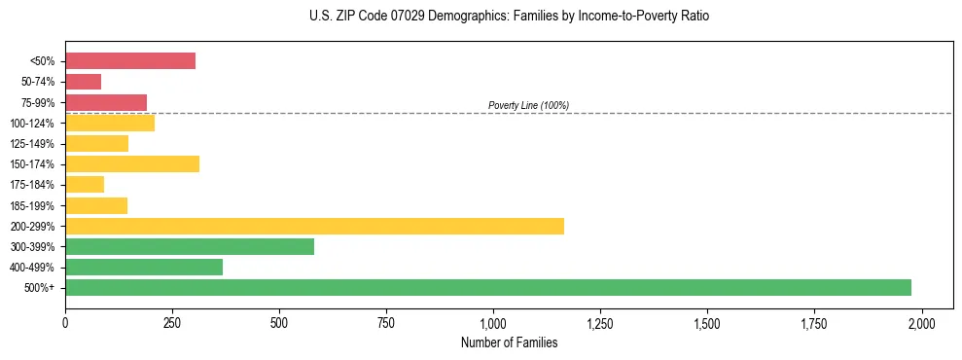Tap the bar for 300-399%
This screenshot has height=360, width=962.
(190, 246)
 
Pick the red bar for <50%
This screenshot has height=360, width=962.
(130, 61)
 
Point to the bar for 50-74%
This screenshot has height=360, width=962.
(83, 82)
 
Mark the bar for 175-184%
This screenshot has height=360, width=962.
(85, 185)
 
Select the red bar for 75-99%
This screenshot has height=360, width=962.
(106, 102)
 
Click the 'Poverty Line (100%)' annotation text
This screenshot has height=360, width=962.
(528, 105)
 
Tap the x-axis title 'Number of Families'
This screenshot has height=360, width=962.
(509, 342)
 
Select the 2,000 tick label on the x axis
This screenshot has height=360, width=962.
(921, 322)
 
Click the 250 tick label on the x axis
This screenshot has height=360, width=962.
(172, 322)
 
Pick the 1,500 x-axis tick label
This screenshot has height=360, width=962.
(707, 322)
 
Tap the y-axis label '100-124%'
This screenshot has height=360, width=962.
(32, 124)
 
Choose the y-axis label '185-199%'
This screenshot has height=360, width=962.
(32, 205)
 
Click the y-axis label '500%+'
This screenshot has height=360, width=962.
(40, 288)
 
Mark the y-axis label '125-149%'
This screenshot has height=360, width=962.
(32, 144)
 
